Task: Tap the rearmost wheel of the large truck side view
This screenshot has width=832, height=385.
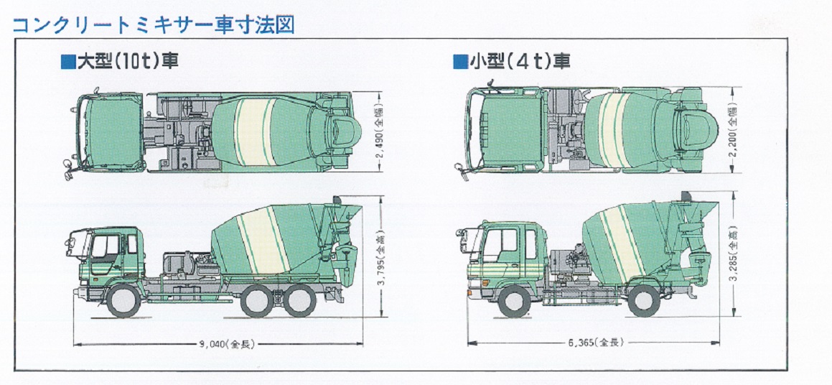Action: [299, 300]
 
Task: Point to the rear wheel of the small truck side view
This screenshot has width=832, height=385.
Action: [644, 300]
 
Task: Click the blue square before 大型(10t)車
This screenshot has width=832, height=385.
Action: [67, 62]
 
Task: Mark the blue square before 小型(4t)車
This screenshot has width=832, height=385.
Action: [459, 62]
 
